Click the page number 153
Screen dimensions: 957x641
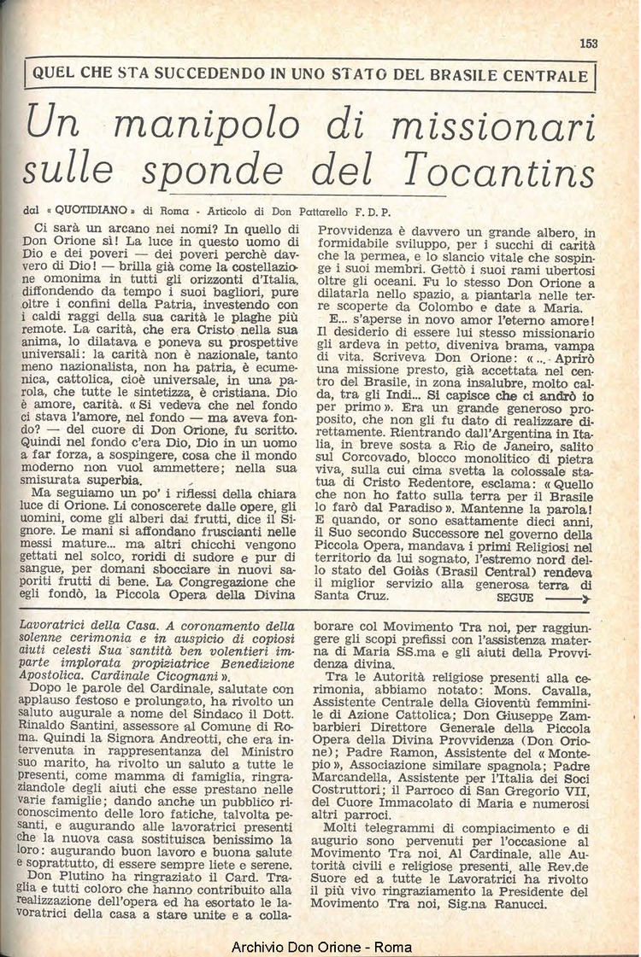[x=587, y=44]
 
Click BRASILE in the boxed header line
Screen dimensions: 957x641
[x=463, y=75]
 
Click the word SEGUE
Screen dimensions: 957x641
[x=514, y=598]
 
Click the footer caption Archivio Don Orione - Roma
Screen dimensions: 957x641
[x=320, y=947]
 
